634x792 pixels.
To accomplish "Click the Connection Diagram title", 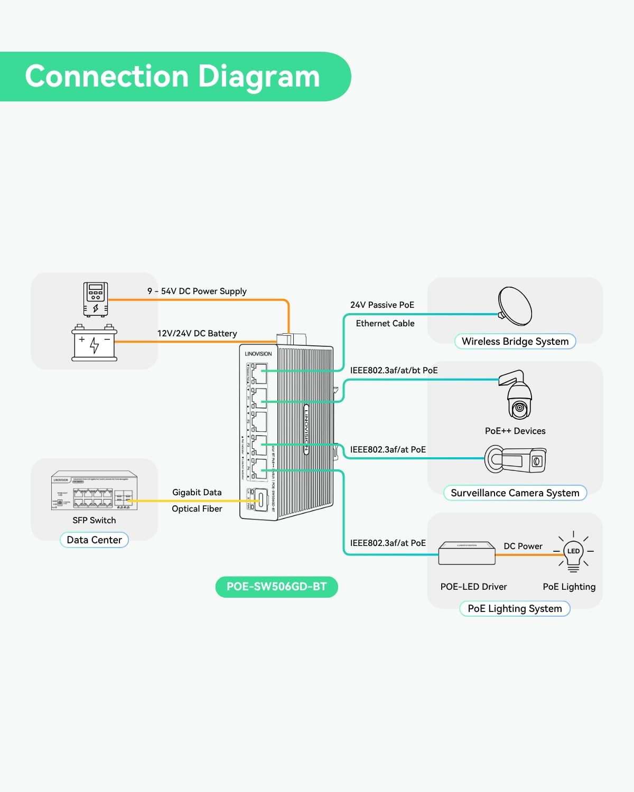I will (x=172, y=77).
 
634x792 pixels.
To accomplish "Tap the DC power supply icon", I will (x=96, y=299).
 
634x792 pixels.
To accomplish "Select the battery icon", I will (x=94, y=343).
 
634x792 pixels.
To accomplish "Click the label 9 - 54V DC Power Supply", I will (x=197, y=291).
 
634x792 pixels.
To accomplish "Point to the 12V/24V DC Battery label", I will (x=197, y=334).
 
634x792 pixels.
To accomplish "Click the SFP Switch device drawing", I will (x=94, y=491).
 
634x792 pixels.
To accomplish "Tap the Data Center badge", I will (x=94, y=540).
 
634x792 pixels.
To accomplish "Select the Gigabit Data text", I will (x=197, y=493).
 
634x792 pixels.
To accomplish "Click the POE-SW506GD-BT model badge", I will (x=276, y=587).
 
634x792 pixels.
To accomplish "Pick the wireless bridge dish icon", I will (x=515, y=306).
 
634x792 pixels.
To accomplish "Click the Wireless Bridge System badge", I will (x=515, y=342).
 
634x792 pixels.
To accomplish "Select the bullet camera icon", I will (x=516, y=459).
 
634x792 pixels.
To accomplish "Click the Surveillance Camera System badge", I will (x=515, y=493).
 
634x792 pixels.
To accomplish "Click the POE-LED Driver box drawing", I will (x=467, y=553).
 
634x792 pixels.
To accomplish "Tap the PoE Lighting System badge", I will (x=515, y=609).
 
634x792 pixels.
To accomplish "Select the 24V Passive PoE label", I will (x=382, y=305).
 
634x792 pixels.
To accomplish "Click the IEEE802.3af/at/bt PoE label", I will (x=394, y=371).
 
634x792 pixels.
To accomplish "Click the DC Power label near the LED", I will (x=523, y=546).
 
